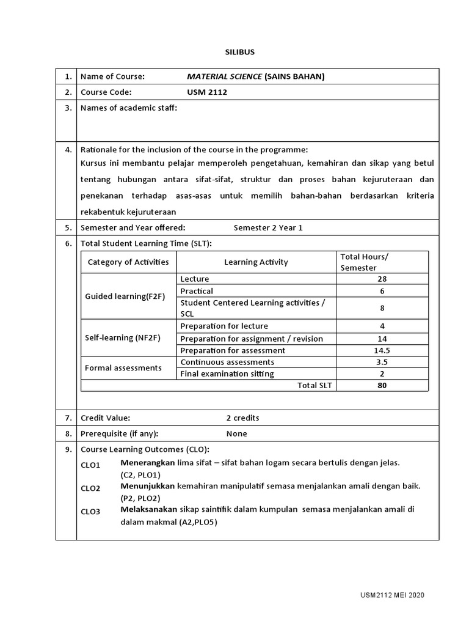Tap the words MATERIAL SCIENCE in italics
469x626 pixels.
(x=224, y=76)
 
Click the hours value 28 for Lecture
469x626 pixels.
(x=382, y=279)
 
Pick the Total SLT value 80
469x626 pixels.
(x=382, y=385)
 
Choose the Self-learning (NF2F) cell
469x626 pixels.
(x=122, y=337)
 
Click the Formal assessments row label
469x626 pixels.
(x=123, y=367)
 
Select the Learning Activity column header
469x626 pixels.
(x=256, y=262)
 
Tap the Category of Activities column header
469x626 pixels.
(x=128, y=262)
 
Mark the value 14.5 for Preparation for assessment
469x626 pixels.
(x=382, y=350)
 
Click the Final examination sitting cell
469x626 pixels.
(x=227, y=374)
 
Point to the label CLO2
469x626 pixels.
(x=90, y=488)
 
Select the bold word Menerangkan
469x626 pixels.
(x=148, y=463)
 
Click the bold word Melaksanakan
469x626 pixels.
(x=148, y=509)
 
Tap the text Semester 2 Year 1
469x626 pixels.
(x=268, y=227)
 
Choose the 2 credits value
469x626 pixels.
(x=242, y=418)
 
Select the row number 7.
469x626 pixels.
(x=66, y=418)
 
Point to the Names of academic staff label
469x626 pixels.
(x=129, y=108)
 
